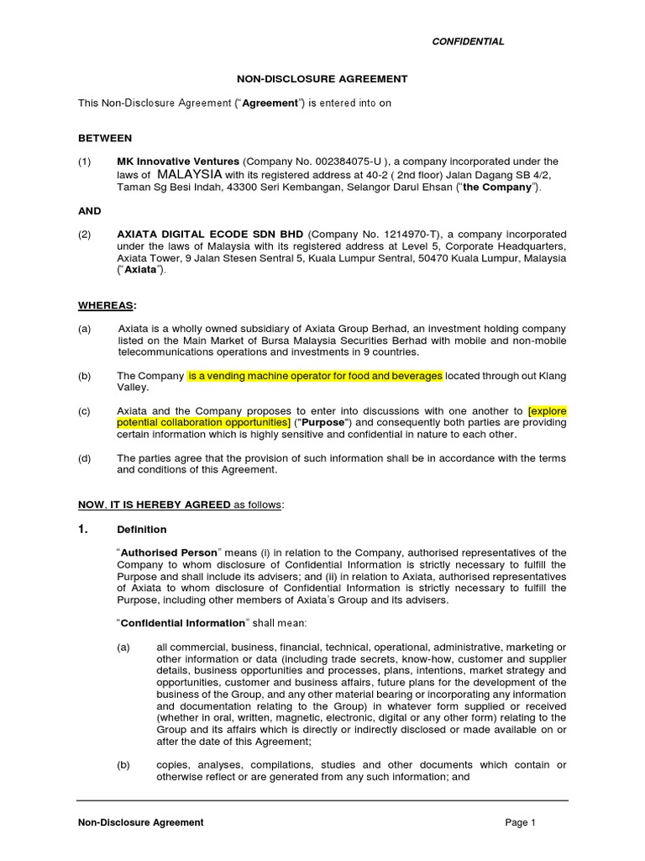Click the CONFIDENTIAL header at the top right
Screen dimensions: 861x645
[x=468, y=41]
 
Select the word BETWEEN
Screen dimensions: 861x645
[x=105, y=137]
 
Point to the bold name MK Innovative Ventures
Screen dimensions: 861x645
[x=178, y=161]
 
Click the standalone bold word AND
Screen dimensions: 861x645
[x=89, y=211]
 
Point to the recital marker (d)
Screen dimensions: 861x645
[x=86, y=458]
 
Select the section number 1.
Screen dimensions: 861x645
[x=83, y=529]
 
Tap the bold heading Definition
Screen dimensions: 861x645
[x=142, y=530]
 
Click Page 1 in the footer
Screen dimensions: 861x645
[x=520, y=822]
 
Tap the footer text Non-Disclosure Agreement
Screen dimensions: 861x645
[x=141, y=822]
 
